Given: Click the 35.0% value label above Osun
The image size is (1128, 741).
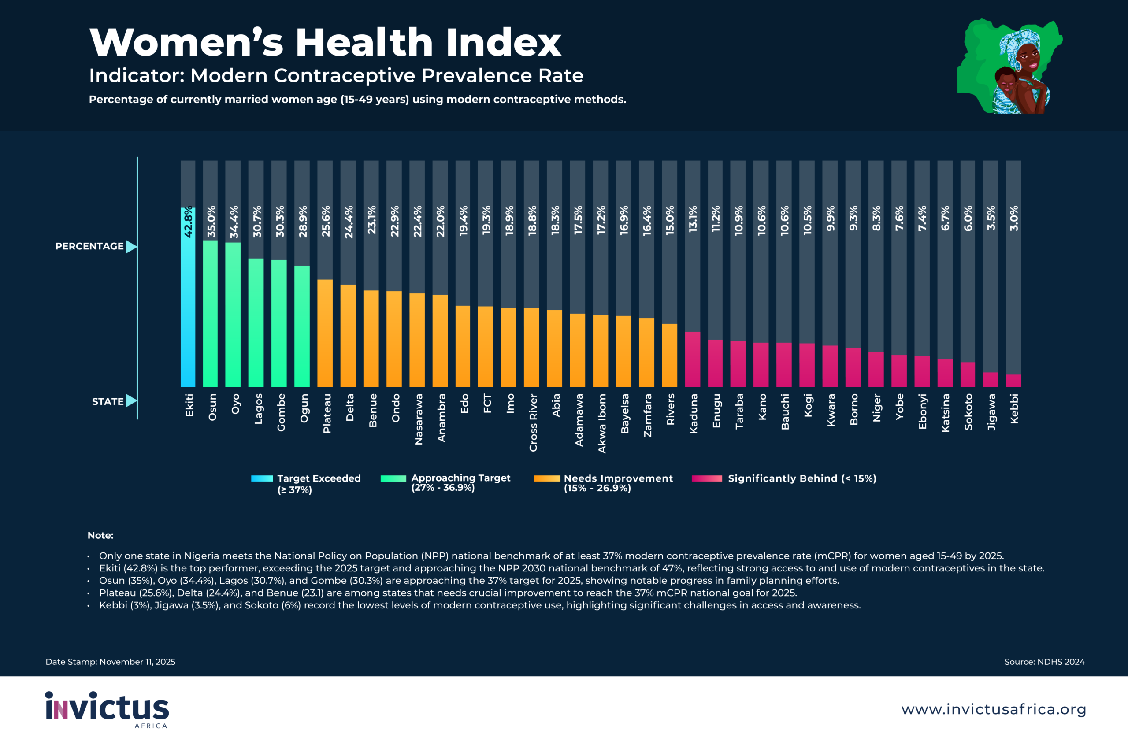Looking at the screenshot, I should pos(211,221).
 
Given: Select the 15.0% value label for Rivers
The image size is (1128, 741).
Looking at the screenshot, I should pos(670,220).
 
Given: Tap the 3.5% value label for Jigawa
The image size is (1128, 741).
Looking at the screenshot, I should pos(991,218).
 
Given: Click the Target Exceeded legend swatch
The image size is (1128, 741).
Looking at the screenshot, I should pos(262,478).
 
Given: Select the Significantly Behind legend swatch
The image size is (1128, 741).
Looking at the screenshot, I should pos(707,478).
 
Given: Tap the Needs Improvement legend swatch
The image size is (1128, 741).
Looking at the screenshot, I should pos(546,478).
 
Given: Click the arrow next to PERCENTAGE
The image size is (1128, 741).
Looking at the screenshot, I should pos(131,246).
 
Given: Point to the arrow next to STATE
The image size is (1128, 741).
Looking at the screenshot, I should pos(131,401).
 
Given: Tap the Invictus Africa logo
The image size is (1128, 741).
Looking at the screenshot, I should pos(107,709).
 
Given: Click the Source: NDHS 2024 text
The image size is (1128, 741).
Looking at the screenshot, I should pos(1044,662).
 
